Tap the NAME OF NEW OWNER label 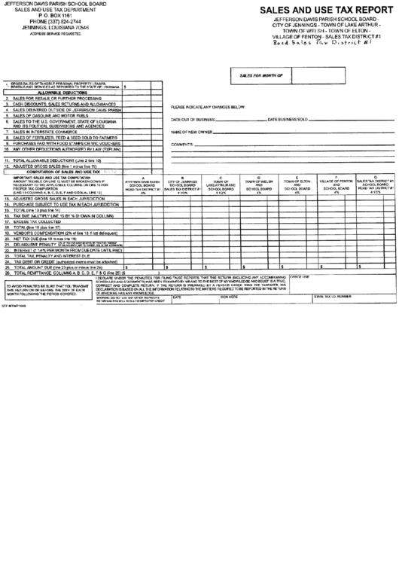(x=190, y=132)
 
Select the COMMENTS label (x=184, y=144)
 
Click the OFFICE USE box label (x=300, y=277)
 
